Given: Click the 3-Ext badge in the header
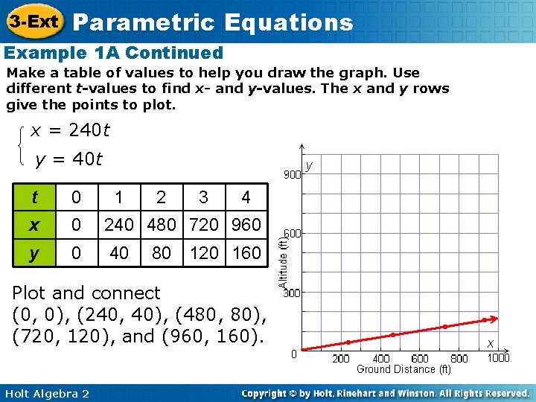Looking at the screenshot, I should [x=33, y=21].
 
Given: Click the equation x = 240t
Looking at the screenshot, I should [x=70, y=131].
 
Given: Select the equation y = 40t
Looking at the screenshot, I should [x=68, y=159].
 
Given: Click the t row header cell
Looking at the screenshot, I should [x=36, y=198].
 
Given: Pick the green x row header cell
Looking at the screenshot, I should [x=36, y=225].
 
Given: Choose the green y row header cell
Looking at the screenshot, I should [x=36, y=253].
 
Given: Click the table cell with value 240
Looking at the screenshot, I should [x=118, y=225].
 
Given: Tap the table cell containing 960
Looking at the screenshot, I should [x=246, y=225].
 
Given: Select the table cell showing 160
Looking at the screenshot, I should [x=246, y=253].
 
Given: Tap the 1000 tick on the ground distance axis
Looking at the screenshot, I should [x=499, y=358].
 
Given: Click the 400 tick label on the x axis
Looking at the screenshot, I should [x=381, y=359].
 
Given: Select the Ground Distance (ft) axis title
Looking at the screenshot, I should [x=403, y=369].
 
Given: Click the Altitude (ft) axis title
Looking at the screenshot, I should [x=283, y=263].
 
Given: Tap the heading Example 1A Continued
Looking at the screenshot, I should [x=114, y=53].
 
